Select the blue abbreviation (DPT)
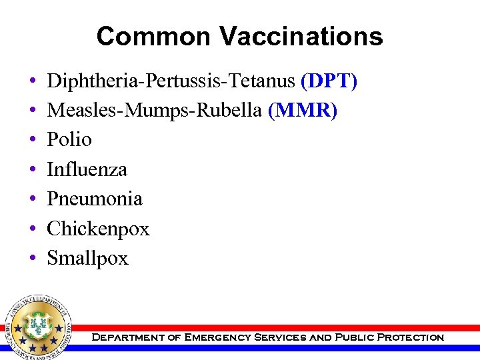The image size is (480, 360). pyautogui.click(x=329, y=81)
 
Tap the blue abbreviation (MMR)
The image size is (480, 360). pyautogui.click(x=303, y=110)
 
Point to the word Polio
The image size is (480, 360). pyautogui.click(x=69, y=139)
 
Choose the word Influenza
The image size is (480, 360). pyautogui.click(x=87, y=169)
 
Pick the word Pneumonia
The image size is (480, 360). pyautogui.click(x=95, y=199)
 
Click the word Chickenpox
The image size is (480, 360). pyautogui.click(x=98, y=229)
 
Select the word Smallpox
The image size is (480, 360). pyautogui.click(x=87, y=258)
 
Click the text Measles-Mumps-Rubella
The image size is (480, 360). pyautogui.click(x=154, y=110)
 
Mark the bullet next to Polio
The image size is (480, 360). pyautogui.click(x=33, y=140)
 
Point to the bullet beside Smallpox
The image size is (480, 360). pyautogui.click(x=33, y=259)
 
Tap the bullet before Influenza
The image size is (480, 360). pyautogui.click(x=33, y=170)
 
